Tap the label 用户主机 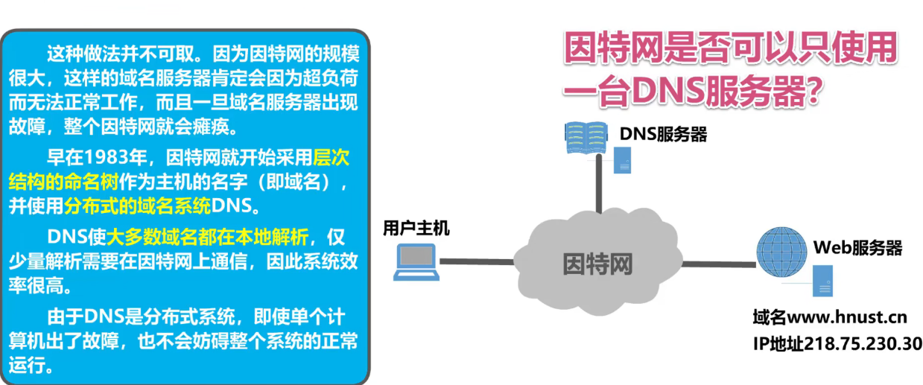tap(416, 228)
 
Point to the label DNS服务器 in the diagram tap(663, 134)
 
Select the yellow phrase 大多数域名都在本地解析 tap(206, 238)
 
